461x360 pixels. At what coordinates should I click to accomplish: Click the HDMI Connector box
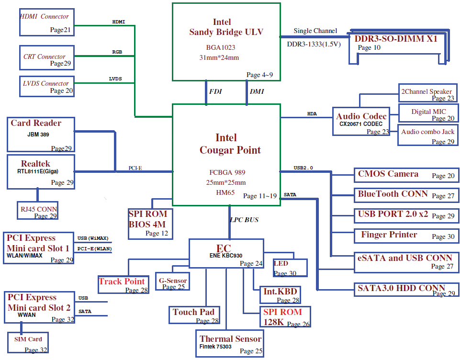click(x=47, y=22)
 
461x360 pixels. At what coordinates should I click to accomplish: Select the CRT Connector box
click(x=47, y=58)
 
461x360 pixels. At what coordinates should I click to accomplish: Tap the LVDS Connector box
click(x=47, y=86)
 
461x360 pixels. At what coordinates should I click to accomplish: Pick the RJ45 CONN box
click(x=37, y=210)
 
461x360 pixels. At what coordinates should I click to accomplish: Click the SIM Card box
click(x=28, y=342)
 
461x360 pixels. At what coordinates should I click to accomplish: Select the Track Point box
click(x=123, y=285)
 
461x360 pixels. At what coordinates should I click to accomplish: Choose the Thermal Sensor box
click(x=229, y=344)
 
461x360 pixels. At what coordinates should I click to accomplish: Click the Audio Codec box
click(x=361, y=122)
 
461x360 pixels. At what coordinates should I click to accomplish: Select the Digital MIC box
click(x=428, y=113)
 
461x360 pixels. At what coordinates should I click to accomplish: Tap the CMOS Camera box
click(x=406, y=175)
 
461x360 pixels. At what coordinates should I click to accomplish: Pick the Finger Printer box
click(x=406, y=236)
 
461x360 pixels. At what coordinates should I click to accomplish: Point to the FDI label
click(x=215, y=91)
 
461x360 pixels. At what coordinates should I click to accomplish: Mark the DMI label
click(x=257, y=91)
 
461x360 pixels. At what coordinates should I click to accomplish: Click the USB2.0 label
click(x=303, y=168)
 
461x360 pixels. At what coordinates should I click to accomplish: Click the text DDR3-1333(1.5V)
click(x=314, y=44)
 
